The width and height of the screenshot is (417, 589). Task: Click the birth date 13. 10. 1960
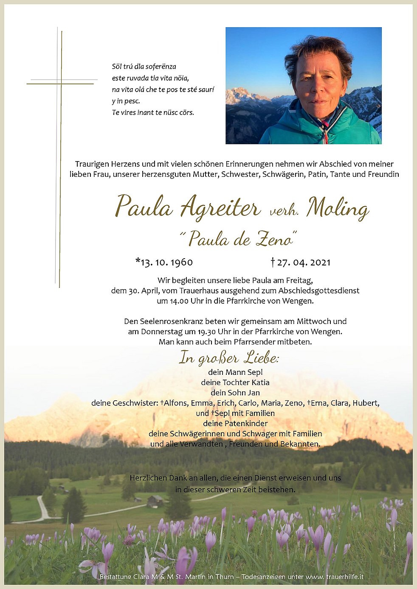(x=166, y=262)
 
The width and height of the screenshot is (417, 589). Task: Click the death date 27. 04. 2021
(x=303, y=262)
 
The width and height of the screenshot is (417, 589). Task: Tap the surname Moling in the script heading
(x=338, y=208)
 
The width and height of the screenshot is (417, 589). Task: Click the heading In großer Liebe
(x=229, y=358)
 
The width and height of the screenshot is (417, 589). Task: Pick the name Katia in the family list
(x=260, y=382)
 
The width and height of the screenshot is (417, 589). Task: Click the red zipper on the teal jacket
(x=326, y=135)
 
